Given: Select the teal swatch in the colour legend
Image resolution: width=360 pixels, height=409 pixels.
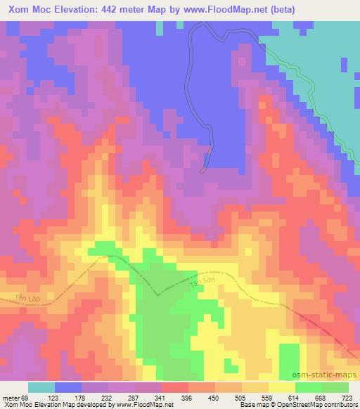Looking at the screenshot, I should (x=41, y=387).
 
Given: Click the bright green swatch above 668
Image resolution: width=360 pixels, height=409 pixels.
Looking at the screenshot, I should (x=309, y=387).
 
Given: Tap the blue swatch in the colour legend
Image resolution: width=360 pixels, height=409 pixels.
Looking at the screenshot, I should (x=68, y=387).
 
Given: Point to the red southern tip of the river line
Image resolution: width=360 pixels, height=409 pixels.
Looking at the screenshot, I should (x=204, y=169).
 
